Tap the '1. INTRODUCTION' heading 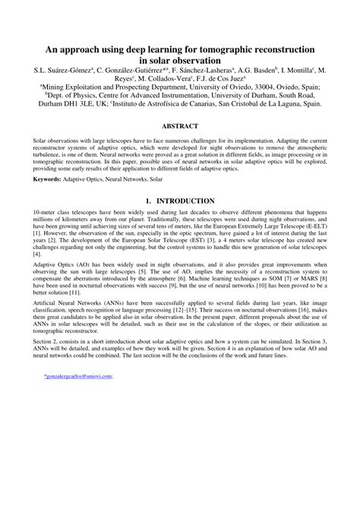click(x=179, y=201)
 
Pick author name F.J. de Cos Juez click(x=222, y=77)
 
